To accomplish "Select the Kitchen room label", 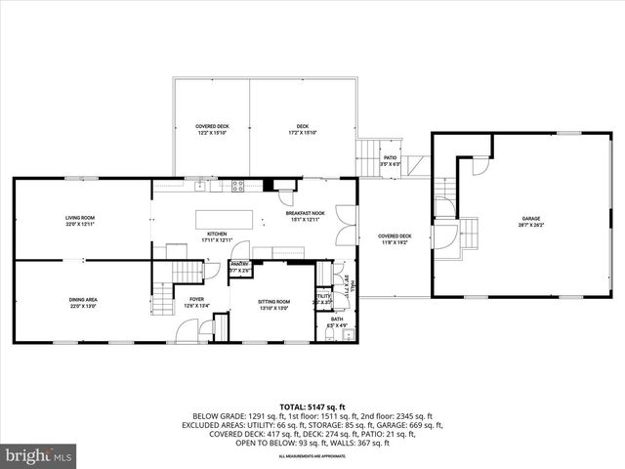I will pyautogui.click(x=217, y=236).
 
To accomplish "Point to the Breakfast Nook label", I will pyautogui.click(x=305, y=215).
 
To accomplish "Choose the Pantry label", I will pyautogui.click(x=240, y=267).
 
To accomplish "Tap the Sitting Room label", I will pyautogui.click(x=273, y=305).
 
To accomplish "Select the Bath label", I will pyautogui.click(x=336, y=321).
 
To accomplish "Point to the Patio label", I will pyautogui.click(x=390, y=160).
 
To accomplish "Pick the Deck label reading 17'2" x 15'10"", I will pyautogui.click(x=303, y=129).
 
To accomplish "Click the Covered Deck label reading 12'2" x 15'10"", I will pyautogui.click(x=213, y=129).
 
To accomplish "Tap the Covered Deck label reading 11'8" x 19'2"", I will pyautogui.click(x=395, y=238).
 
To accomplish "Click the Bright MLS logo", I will pyautogui.click(x=39, y=455).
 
